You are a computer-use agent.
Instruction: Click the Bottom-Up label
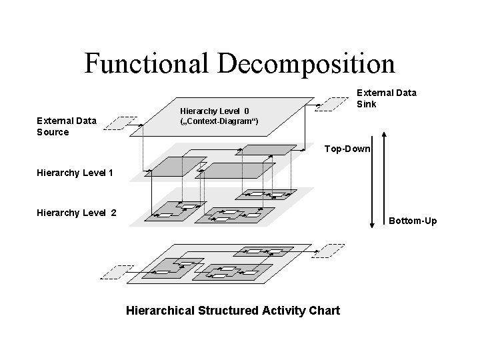413,220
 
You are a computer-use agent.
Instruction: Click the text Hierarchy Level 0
215,111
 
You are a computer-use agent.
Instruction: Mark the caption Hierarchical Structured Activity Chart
233,311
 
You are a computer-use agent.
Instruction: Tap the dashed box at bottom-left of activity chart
113,272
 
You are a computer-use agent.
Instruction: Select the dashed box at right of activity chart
329,251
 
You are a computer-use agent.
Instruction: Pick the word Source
53,132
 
